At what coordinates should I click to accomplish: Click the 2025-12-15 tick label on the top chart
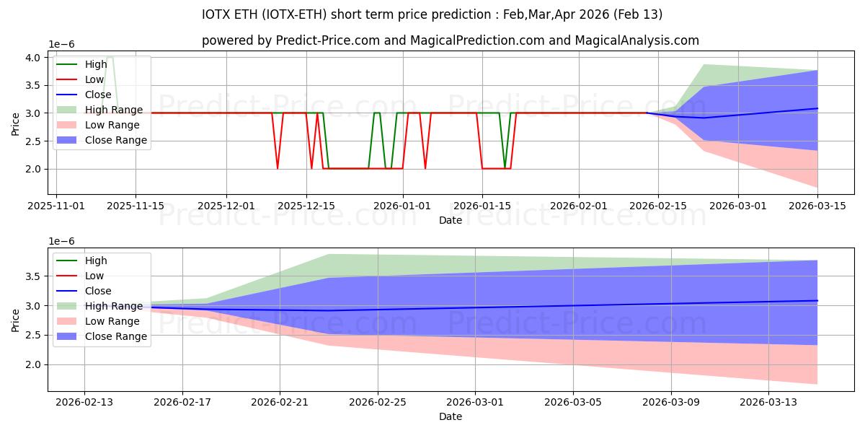click(x=306, y=206)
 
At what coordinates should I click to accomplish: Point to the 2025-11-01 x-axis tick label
click(x=56, y=206)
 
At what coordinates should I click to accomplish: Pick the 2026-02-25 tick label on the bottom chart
click(x=378, y=402)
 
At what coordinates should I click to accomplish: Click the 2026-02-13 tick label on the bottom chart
click(x=84, y=402)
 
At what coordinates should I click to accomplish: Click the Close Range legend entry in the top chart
click(x=115, y=140)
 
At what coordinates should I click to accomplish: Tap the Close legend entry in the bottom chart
click(x=98, y=291)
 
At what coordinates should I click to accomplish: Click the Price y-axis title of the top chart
click(x=16, y=124)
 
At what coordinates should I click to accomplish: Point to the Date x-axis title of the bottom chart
click(x=451, y=416)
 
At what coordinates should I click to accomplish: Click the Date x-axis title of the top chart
click(x=451, y=220)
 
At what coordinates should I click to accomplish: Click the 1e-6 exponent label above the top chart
click(x=61, y=45)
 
